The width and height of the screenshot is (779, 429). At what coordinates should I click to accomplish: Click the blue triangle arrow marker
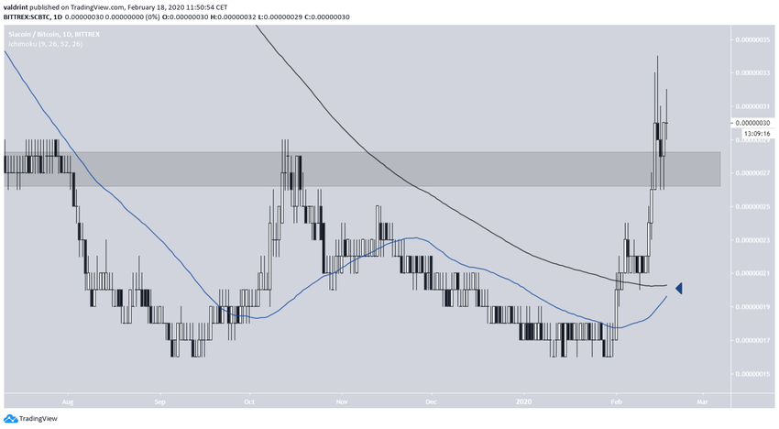point(680,289)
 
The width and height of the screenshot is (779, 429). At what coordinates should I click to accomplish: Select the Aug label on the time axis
point(66,401)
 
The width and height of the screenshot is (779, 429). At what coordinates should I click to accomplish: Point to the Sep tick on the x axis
point(159,401)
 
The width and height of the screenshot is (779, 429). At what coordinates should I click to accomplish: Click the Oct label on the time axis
point(247,401)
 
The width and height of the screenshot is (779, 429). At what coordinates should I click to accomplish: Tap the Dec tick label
point(431,401)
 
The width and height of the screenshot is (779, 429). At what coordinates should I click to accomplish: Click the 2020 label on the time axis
point(524,401)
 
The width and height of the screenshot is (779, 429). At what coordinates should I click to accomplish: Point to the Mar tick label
point(702,401)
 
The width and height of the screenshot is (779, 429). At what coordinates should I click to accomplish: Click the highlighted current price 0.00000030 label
point(753,123)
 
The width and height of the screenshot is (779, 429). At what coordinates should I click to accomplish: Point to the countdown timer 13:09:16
point(753,134)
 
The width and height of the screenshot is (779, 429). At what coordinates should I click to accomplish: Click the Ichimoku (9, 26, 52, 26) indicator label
point(46,44)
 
